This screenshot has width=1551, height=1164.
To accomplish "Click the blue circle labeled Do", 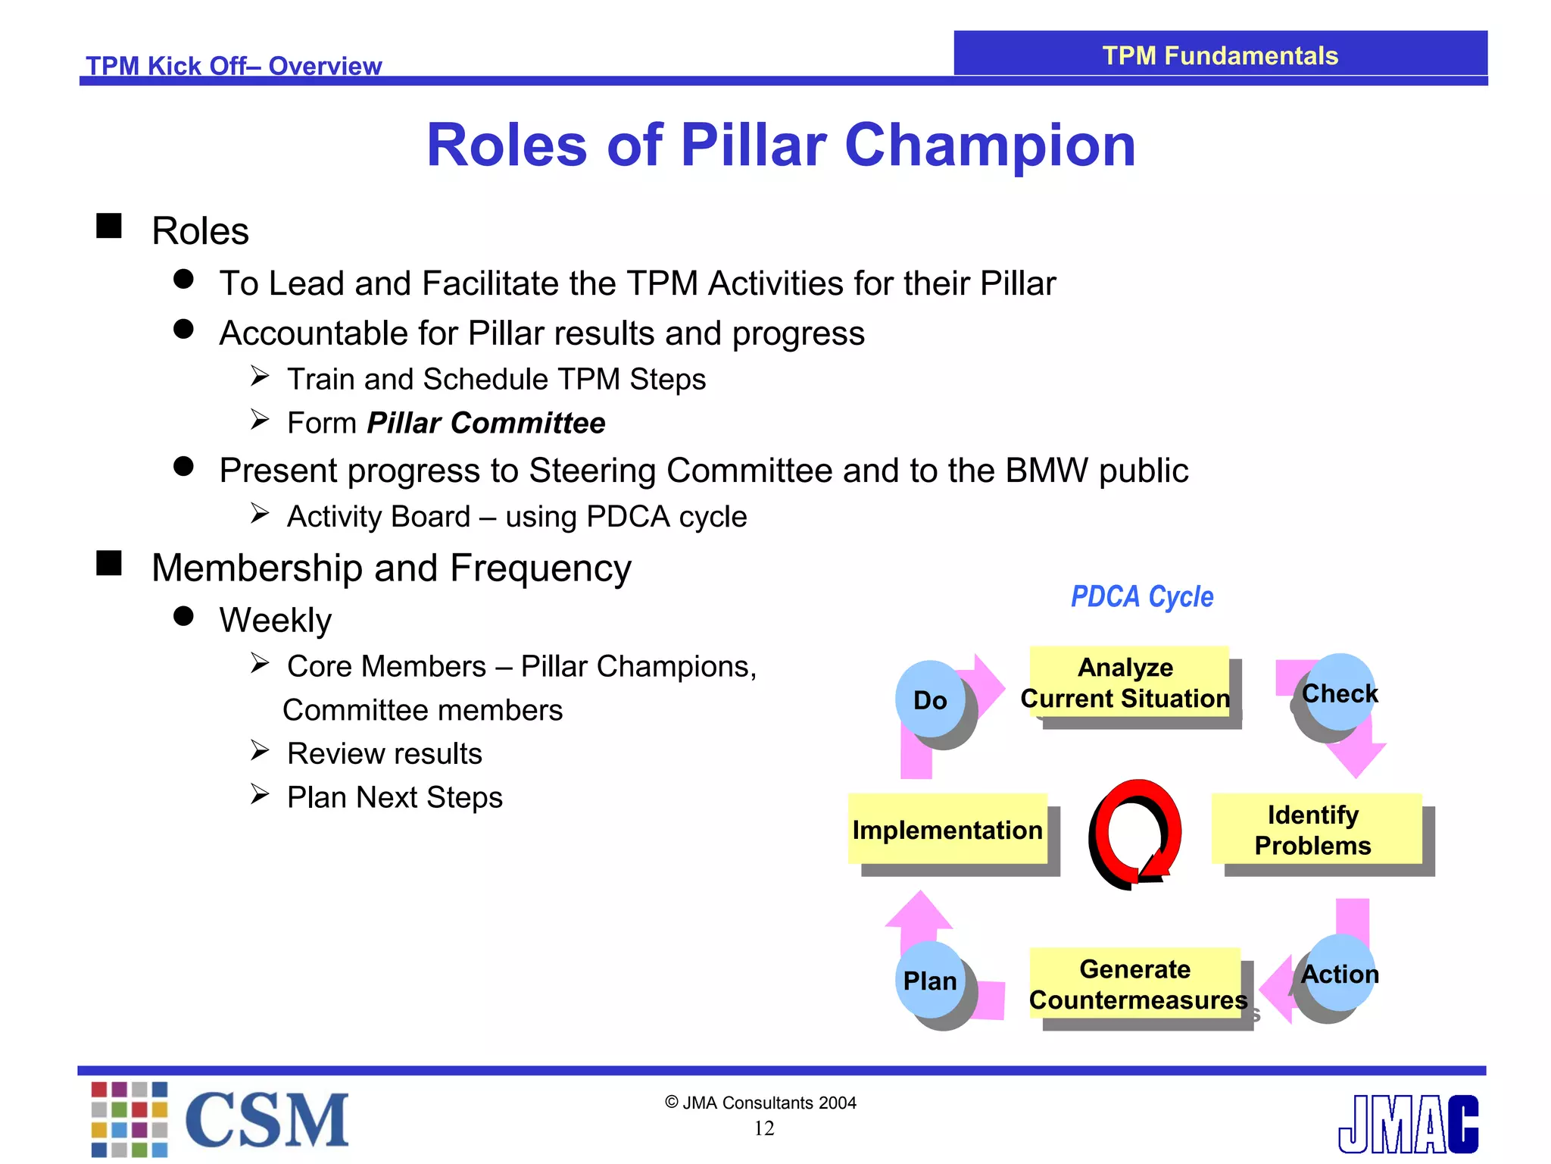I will pyautogui.click(x=930, y=699).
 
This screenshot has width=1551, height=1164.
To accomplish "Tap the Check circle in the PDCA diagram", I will pyautogui.click(x=1339, y=693).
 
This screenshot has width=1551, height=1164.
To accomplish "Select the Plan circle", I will pyautogui.click(x=930, y=981).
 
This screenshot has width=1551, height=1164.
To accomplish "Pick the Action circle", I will pyautogui.click(x=1339, y=974).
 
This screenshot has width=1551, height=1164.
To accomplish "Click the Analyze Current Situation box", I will pyautogui.click(x=1127, y=682).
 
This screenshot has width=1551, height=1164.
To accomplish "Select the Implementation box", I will pyautogui.click(x=947, y=829).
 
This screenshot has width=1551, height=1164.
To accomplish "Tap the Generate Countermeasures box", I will pyautogui.click(x=1136, y=984).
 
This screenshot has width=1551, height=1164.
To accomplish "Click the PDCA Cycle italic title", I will pyautogui.click(x=1142, y=596).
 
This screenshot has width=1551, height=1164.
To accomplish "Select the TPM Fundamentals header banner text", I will pyautogui.click(x=1220, y=55).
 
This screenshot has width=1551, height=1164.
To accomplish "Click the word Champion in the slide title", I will pyautogui.click(x=990, y=145).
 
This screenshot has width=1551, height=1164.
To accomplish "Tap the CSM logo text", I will pyautogui.click(x=267, y=1119).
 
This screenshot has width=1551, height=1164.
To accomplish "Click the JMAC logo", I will pyautogui.click(x=1408, y=1124).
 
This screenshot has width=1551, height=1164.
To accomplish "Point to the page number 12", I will pyautogui.click(x=763, y=1128).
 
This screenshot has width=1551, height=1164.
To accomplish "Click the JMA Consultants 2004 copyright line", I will pyautogui.click(x=760, y=1103).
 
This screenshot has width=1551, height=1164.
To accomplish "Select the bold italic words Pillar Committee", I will pyautogui.click(x=486, y=423).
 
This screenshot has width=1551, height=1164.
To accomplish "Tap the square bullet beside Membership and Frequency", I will pyautogui.click(x=109, y=563).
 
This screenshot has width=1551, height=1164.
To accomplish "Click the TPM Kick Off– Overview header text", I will pyautogui.click(x=233, y=66).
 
